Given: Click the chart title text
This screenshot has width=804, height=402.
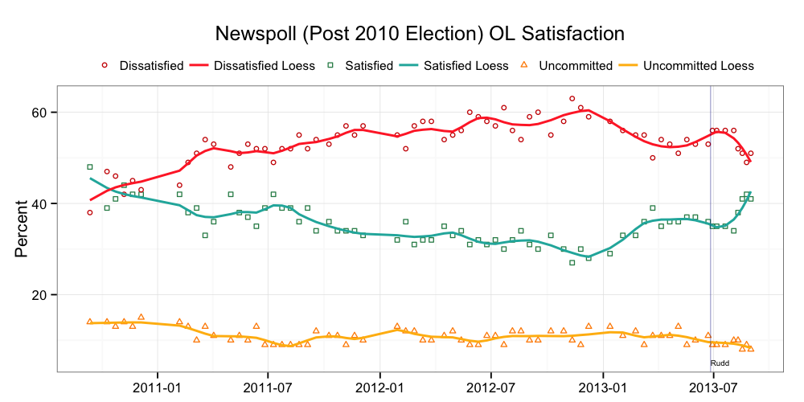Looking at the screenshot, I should pos(420,34).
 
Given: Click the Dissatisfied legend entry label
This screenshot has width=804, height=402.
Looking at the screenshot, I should pos(151,65).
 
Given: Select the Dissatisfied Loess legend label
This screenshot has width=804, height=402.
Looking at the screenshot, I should pos(264,65).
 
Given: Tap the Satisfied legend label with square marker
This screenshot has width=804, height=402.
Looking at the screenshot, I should pos(367,65).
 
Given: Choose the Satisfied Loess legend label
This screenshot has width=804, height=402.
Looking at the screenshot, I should pos(466,65).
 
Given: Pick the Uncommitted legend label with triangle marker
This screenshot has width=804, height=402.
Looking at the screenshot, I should pos(575,65).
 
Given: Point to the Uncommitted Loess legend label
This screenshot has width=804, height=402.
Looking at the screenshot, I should pos(699,65).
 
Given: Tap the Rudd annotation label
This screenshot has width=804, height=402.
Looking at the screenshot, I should pos(720,363).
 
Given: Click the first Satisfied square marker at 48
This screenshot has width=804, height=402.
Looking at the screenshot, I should pos(90,167).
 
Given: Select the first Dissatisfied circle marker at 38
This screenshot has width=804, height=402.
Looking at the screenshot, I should pos(90,212).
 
